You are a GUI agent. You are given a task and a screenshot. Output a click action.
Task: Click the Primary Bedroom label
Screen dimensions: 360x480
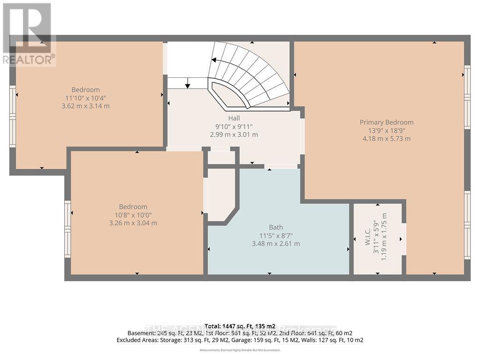pyautogui.click(x=386, y=122)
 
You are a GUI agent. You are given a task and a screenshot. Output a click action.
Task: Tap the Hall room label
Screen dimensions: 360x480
pyautogui.click(x=234, y=119)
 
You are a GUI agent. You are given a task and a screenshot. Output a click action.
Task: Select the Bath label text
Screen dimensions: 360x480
pyautogui.click(x=276, y=227)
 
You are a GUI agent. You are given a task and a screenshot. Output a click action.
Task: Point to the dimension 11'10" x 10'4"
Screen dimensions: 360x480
pyautogui.click(x=86, y=98)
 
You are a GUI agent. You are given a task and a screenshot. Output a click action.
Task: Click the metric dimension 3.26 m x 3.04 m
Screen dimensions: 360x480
pyautogui.click(x=133, y=223)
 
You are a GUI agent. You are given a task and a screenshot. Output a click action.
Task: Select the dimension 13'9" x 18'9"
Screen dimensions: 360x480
pyautogui.click(x=387, y=130)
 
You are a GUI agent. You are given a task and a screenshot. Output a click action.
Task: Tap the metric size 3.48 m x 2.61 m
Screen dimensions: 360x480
pyautogui.click(x=276, y=243)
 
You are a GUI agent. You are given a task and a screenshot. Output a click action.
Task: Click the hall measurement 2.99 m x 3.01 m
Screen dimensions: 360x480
pyautogui.click(x=234, y=135)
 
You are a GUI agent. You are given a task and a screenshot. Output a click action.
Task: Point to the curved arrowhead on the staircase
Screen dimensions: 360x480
pyautogui.click(x=214, y=60)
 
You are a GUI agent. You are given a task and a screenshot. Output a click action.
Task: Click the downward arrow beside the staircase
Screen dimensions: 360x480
pyautogui.click(x=187, y=84)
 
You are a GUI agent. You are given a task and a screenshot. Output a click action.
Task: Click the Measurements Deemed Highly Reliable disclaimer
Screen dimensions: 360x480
pyautogui.click(x=240, y=350)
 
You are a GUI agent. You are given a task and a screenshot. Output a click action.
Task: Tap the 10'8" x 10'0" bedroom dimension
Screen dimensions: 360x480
pyautogui.click(x=133, y=215)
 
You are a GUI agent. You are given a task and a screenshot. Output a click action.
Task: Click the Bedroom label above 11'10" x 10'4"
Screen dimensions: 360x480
pyautogui.click(x=86, y=90)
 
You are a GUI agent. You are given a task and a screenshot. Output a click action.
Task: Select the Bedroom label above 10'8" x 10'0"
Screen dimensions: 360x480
pyautogui.click(x=133, y=207)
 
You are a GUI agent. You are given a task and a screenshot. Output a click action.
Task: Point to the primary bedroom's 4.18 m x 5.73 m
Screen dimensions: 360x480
pyautogui.click(x=387, y=138)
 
